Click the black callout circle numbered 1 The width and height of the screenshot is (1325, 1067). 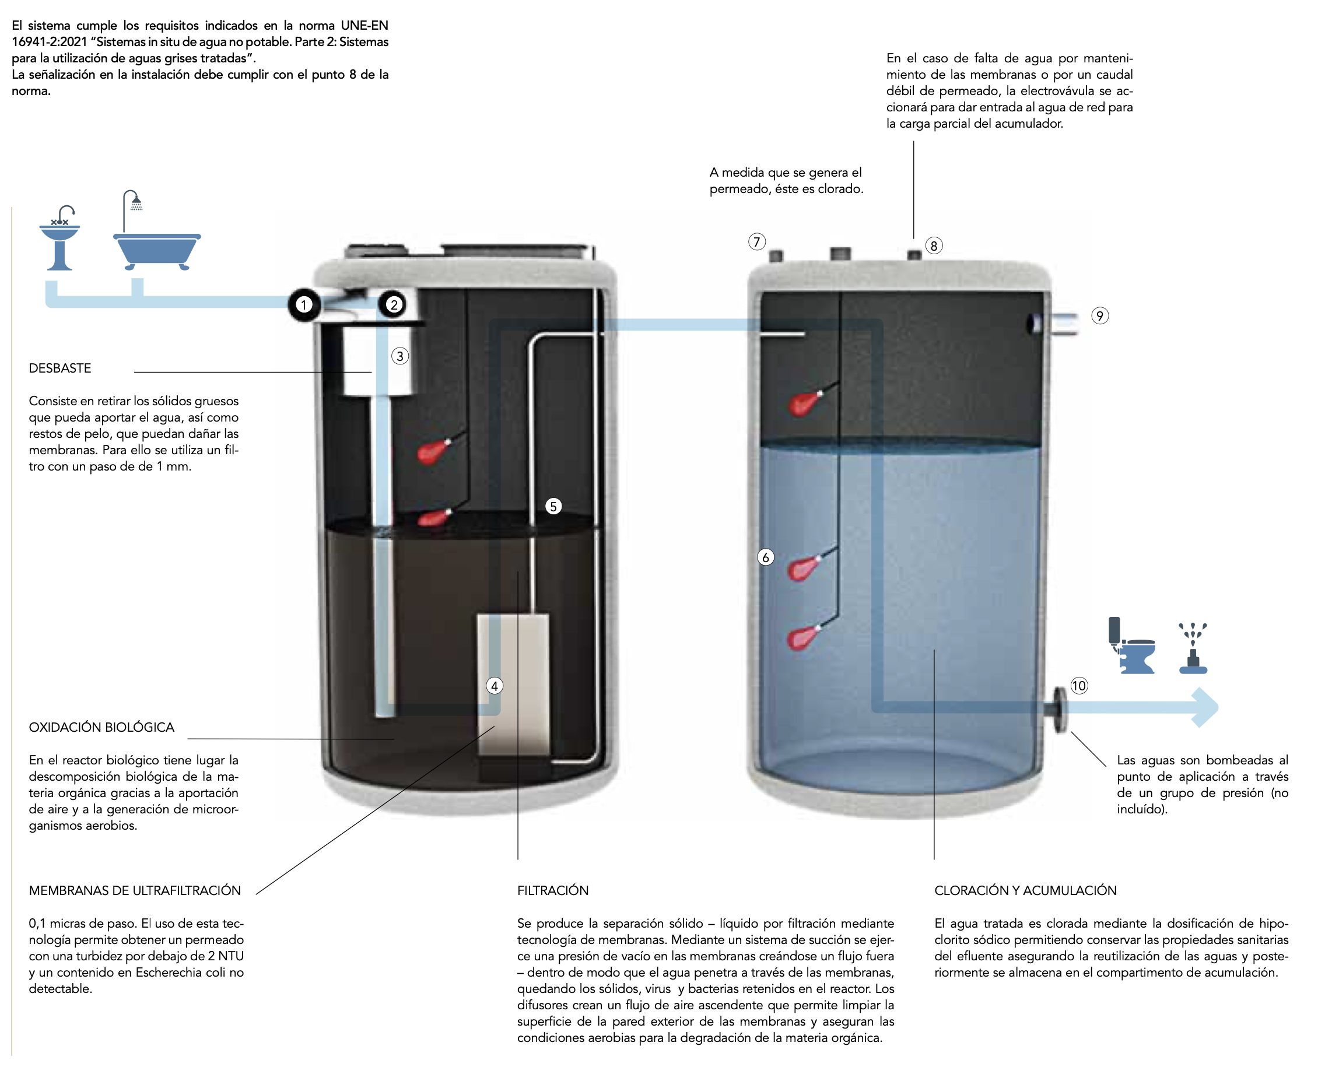(x=304, y=304)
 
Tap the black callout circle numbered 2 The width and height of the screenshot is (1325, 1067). (x=394, y=304)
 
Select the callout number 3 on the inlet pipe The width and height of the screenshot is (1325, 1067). (x=400, y=356)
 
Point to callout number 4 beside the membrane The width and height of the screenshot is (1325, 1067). (x=495, y=686)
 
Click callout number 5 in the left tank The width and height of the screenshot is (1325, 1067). (x=553, y=507)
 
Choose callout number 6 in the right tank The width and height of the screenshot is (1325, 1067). (x=766, y=557)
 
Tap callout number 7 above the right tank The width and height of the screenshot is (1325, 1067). (x=757, y=241)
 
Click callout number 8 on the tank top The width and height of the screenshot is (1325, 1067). (x=934, y=246)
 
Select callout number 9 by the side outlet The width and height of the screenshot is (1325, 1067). (x=1100, y=316)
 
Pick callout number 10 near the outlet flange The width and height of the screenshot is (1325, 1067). (x=1079, y=686)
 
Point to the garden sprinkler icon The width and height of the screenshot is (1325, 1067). (x=1193, y=649)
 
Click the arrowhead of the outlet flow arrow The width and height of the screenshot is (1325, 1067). (x=1207, y=707)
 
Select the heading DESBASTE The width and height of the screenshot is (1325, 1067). (x=59, y=368)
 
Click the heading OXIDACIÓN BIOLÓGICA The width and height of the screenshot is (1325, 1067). (x=101, y=727)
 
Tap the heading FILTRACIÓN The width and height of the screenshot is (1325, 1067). (x=553, y=890)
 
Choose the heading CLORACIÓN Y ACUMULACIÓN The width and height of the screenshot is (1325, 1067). (x=1025, y=890)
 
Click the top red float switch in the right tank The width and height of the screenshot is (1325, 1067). (x=802, y=404)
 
